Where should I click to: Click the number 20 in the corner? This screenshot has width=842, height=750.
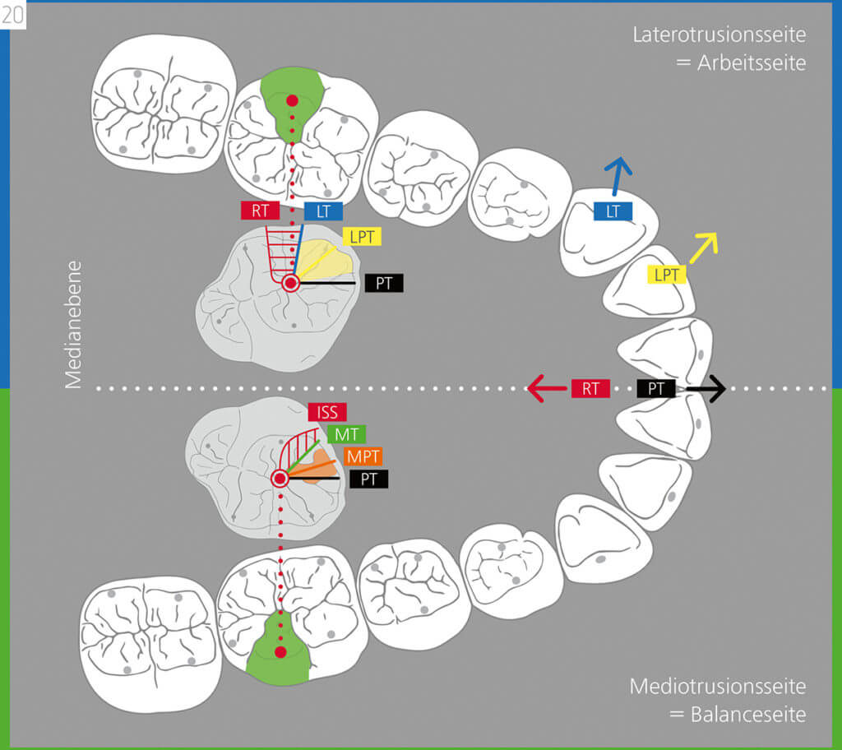12,15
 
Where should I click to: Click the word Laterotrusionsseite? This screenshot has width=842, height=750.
719,35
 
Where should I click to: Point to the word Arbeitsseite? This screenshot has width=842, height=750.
752,63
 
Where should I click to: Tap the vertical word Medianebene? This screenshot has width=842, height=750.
73,325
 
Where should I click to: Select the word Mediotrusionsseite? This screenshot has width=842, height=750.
718,687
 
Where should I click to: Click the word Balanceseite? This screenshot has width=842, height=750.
748,715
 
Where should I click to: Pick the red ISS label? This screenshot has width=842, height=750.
327,412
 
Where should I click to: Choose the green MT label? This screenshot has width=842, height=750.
346,434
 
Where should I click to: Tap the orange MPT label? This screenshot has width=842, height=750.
363,456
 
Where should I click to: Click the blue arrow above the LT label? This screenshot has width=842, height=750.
617,176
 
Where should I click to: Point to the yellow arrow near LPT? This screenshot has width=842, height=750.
704,248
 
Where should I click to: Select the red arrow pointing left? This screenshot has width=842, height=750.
547,388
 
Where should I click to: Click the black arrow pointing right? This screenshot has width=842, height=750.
706,388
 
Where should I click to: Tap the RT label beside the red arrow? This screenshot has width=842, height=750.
590,388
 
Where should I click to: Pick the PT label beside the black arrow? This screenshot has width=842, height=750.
656,388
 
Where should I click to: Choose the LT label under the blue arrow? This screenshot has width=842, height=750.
613,211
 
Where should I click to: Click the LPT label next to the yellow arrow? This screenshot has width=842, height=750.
666,275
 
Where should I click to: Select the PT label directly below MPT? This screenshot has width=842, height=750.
369,479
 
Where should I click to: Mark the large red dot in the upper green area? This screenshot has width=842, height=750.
292,100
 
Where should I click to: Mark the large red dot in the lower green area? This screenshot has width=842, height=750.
280,652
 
